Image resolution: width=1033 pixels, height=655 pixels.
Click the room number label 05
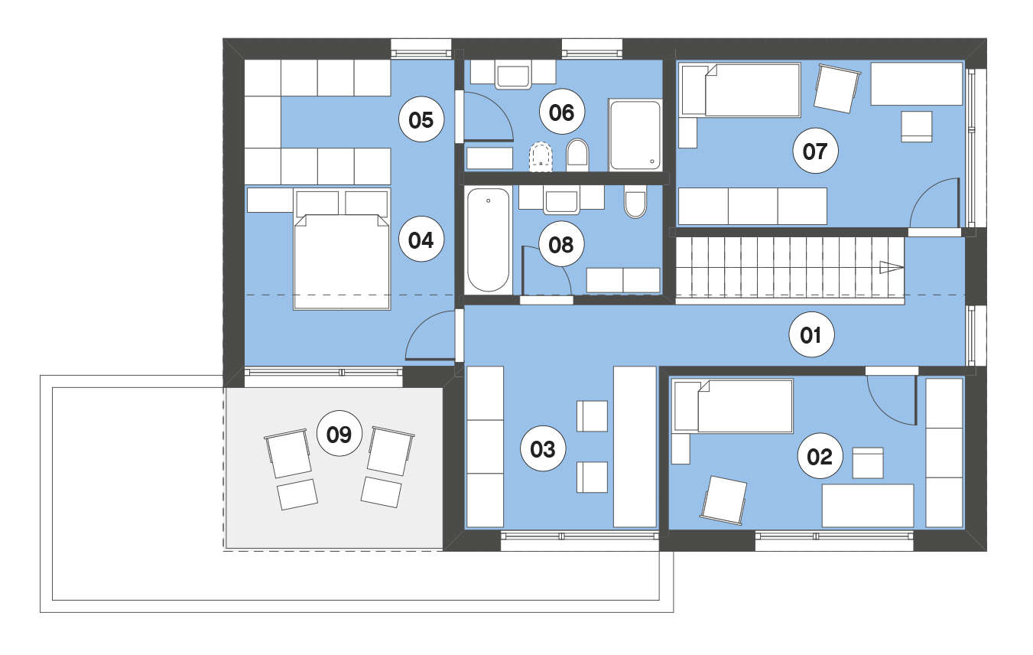(421, 120)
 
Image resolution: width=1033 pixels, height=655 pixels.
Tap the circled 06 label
(562, 112)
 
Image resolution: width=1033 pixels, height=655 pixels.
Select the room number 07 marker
(815, 151)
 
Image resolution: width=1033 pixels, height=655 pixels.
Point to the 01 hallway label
(811, 334)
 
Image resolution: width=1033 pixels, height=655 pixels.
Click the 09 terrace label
(339, 434)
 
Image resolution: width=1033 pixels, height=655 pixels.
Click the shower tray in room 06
(635, 135)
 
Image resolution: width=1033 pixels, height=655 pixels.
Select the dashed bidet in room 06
(541, 156)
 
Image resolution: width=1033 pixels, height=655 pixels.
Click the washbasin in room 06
(512, 75)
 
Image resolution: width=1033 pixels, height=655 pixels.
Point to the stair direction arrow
(891, 267)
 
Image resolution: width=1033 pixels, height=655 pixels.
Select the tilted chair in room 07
(837, 88)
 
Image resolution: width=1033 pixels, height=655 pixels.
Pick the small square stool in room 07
(917, 126)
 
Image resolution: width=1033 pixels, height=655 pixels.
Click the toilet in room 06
(577, 155)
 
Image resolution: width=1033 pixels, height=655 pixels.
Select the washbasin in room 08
(561, 201)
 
